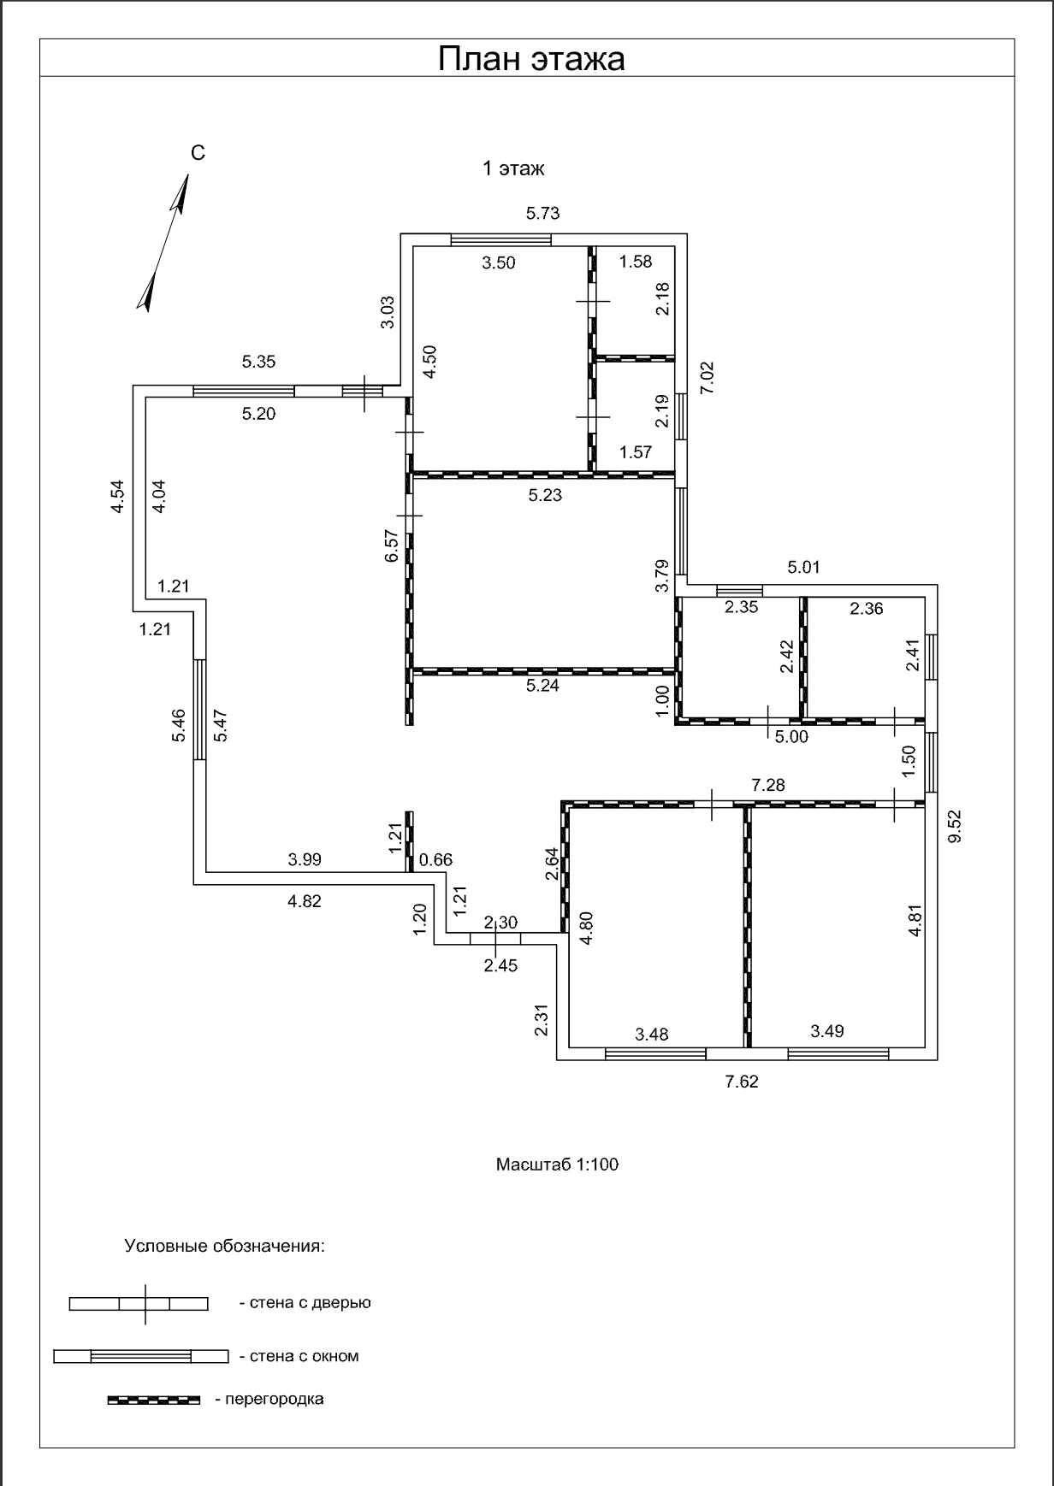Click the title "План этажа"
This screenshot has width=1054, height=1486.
(x=531, y=59)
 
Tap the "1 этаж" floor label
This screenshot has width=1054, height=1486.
(x=513, y=168)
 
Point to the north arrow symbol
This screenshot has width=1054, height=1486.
(x=163, y=243)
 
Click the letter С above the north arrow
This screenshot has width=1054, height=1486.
(x=198, y=153)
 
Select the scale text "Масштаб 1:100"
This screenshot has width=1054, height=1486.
(x=557, y=1165)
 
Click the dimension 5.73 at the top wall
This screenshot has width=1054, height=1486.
(x=543, y=213)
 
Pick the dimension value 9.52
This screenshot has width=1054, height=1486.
(x=955, y=827)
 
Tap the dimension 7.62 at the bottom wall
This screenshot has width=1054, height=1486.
(x=742, y=1082)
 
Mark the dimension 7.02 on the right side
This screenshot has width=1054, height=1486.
(x=707, y=378)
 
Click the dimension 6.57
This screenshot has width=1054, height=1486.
(x=392, y=545)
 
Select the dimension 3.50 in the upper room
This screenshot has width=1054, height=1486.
(x=499, y=263)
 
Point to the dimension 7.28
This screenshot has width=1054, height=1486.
(x=768, y=785)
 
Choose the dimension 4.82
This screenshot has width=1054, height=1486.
(x=305, y=901)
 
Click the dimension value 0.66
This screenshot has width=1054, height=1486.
(x=436, y=860)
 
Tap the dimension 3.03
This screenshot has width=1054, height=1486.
(x=388, y=312)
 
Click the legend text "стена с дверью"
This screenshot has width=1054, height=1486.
(x=305, y=1303)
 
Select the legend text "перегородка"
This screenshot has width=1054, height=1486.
(x=269, y=1400)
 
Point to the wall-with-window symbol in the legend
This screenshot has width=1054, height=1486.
(x=141, y=1356)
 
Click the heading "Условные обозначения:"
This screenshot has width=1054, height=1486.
(x=225, y=1246)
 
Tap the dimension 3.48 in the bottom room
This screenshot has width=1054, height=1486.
(x=652, y=1035)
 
